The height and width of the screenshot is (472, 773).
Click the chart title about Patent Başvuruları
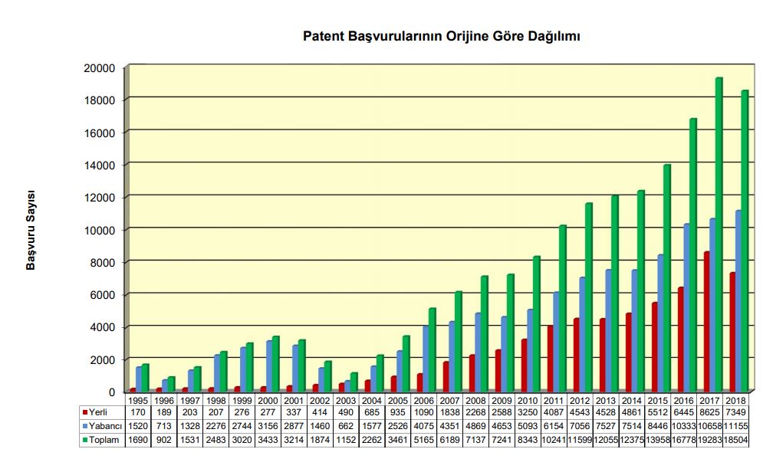441,36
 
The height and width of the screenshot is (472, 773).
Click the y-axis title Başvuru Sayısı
31,230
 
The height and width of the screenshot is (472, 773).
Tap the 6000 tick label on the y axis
102,295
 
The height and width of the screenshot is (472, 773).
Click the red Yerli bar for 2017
707,322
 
